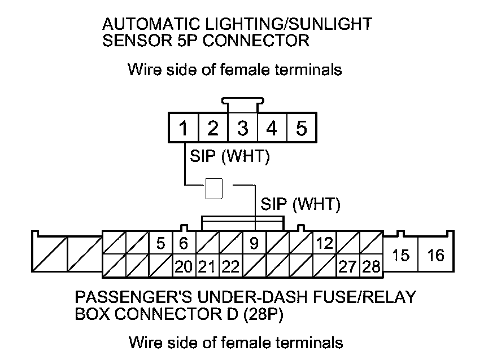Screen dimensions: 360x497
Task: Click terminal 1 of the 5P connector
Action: pyautogui.click(x=183, y=129)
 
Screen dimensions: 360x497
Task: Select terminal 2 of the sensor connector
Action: pyautogui.click(x=212, y=129)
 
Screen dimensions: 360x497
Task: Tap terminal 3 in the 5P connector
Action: pyautogui.click(x=242, y=129)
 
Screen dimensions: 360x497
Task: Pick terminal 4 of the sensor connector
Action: pyautogui.click(x=272, y=129)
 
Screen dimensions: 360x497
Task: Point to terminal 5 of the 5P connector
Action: pyautogui.click(x=302, y=129)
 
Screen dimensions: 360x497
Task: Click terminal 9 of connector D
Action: pyautogui.click(x=254, y=244)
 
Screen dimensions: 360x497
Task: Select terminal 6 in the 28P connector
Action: pyautogui.click(x=183, y=244)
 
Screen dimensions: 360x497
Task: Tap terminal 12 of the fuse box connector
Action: pyautogui.click(x=325, y=244)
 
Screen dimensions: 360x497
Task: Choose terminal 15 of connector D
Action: pyautogui.click(x=400, y=255)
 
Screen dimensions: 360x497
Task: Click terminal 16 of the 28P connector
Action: pyautogui.click(x=435, y=255)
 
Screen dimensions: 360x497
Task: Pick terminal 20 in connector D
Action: pyautogui.click(x=183, y=266)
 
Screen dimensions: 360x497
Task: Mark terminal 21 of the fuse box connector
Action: pyautogui.click(x=207, y=266)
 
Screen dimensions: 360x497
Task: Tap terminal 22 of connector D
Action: pyautogui.click(x=230, y=266)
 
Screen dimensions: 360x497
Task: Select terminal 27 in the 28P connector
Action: pyautogui.click(x=348, y=266)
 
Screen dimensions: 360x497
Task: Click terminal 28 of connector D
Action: pyautogui.click(x=372, y=266)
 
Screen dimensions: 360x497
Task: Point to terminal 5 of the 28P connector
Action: pyautogui.click(x=161, y=244)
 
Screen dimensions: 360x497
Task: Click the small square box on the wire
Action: pyautogui.click(x=213, y=189)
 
